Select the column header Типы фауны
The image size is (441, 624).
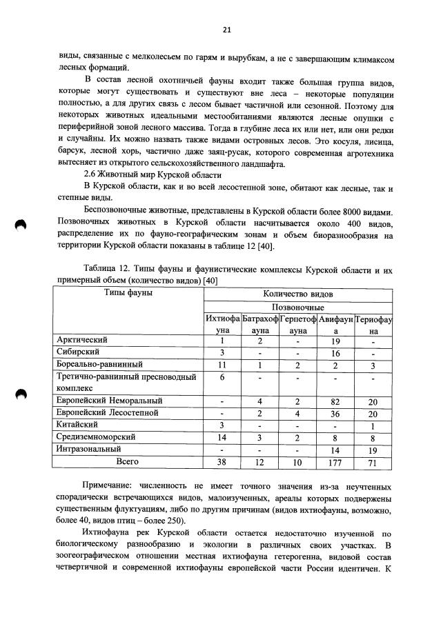coord(128,293)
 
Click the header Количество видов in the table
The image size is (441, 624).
coord(297,293)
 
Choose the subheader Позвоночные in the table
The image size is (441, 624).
coord(297,306)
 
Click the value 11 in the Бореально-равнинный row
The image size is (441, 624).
coord(222,364)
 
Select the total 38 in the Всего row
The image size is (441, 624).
coord(222,461)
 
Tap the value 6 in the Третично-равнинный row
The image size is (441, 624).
coord(222,376)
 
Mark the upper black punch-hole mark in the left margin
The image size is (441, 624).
coord(20,225)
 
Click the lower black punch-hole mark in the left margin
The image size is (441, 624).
coord(20,394)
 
